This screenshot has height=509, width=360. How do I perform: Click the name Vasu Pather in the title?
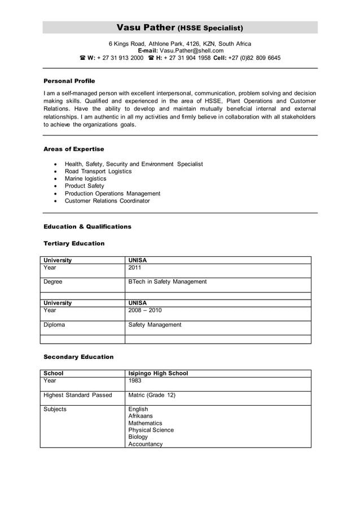click(146, 28)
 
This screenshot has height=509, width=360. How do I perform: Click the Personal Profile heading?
click(69, 81)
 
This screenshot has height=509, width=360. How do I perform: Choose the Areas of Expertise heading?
click(74, 149)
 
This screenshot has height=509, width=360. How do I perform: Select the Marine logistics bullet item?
click(85, 179)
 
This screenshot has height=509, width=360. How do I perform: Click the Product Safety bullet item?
click(85, 186)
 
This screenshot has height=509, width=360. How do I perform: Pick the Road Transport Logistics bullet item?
click(98, 172)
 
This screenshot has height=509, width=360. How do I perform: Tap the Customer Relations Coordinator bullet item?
click(107, 201)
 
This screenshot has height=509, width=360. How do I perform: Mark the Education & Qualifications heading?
click(87, 227)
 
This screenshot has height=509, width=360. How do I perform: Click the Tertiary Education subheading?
click(74, 244)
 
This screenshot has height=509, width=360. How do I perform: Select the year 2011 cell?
click(135, 268)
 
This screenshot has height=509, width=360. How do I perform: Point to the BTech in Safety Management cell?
click(168, 282)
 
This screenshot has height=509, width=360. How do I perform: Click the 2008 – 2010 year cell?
click(145, 310)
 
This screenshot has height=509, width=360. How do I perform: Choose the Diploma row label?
click(54, 325)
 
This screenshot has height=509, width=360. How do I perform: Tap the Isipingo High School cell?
click(158, 374)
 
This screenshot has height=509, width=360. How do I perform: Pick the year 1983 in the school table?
click(135, 381)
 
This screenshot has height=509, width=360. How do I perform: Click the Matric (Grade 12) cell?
click(152, 395)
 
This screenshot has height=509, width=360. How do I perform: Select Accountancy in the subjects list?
click(146, 444)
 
